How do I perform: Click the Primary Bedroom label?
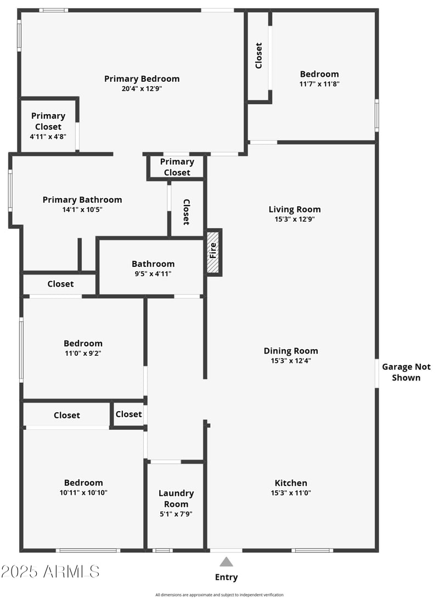tap(142, 79)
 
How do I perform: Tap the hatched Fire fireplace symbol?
tap(213, 252)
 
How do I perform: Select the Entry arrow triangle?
tap(226, 562)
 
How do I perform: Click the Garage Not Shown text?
tap(406, 372)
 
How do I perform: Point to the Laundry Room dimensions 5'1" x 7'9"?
tap(176, 514)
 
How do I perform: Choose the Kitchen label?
tap(291, 483)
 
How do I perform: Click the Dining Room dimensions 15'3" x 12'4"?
tap(291, 361)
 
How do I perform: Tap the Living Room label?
tap(294, 209)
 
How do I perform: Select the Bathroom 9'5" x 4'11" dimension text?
tap(153, 273)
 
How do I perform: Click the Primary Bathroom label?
tap(82, 200)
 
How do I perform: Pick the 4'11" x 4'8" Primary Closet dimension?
tap(48, 137)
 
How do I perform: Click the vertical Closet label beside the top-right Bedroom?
tap(258, 55)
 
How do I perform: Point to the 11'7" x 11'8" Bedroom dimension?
tap(319, 84)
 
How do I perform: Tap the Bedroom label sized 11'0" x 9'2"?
tap(83, 344)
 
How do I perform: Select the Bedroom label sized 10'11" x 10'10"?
tap(83, 483)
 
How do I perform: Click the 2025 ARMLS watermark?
tap(50, 571)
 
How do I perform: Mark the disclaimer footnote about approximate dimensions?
tap(219, 595)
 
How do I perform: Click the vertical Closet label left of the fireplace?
tap(186, 212)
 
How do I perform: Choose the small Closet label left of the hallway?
tap(128, 414)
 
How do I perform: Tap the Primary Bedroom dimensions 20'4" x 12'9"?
tap(142, 88)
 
